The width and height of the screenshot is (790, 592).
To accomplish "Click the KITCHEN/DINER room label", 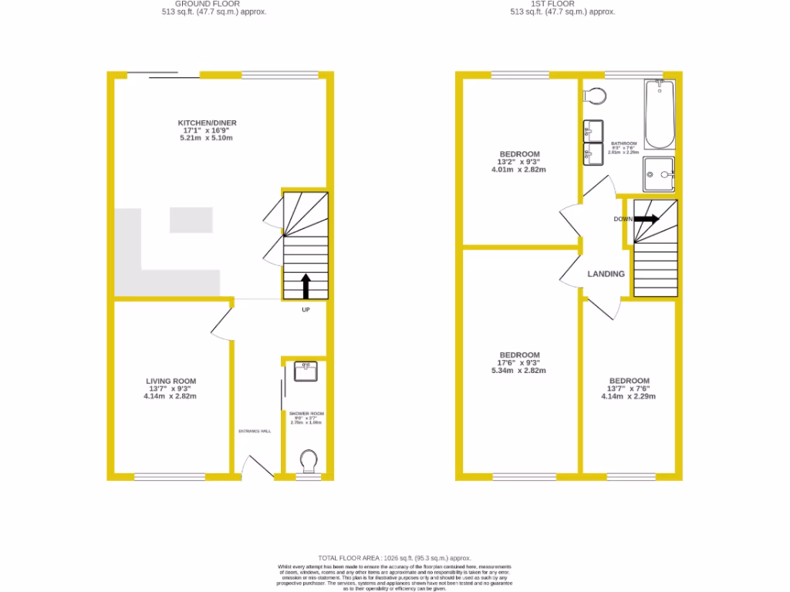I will [207, 123].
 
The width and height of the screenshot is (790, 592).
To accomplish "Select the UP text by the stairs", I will [306, 311].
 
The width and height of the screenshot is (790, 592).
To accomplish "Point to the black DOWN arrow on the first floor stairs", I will [647, 219].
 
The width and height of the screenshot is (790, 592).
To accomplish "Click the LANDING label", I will [606, 274].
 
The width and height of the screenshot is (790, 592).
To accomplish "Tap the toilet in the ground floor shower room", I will [309, 462].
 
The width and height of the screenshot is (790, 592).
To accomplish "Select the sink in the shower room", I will [306, 371].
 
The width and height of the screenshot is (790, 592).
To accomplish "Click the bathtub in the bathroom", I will [660, 116].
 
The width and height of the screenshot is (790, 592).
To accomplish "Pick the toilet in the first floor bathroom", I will [595, 95].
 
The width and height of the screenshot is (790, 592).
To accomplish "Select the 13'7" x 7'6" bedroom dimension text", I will [629, 388].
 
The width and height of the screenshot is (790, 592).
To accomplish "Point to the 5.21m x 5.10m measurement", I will [206, 138].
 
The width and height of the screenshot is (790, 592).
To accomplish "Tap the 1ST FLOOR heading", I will [552, 4].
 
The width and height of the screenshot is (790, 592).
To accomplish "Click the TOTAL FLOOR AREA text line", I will [394, 557].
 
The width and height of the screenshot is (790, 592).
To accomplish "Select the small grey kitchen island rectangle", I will [191, 220].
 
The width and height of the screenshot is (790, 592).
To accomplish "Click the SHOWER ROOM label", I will [306, 414].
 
